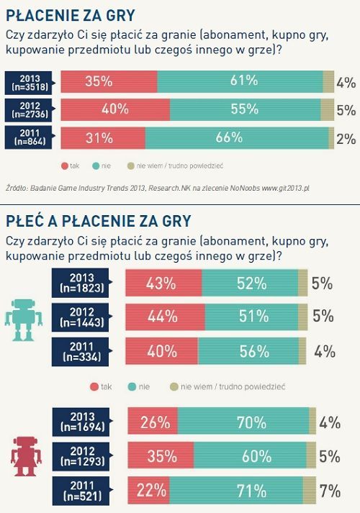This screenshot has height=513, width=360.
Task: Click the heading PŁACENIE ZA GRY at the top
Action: pos(70,14)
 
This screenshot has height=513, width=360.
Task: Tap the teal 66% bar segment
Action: pos(237,137)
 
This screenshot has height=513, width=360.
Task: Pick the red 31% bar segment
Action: pos(103,137)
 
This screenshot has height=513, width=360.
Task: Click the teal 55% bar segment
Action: pos(245,109)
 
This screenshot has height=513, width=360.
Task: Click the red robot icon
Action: pos(25,453)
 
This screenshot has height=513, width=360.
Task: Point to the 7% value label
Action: pos(330,492)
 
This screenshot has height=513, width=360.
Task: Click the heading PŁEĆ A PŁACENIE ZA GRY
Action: pos(98,220)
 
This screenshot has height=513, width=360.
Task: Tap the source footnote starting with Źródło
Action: pos(157,188)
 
